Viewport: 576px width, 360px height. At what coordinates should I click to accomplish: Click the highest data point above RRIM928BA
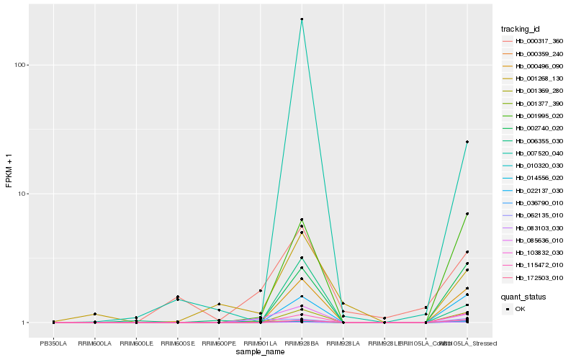pyautogui.click(x=302, y=19)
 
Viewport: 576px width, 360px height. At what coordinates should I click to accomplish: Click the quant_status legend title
pyautogui.click(x=524, y=296)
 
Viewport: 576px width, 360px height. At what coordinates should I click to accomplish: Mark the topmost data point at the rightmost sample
pyautogui.click(x=467, y=142)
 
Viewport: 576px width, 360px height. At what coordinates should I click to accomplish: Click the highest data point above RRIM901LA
pyautogui.click(x=261, y=290)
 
